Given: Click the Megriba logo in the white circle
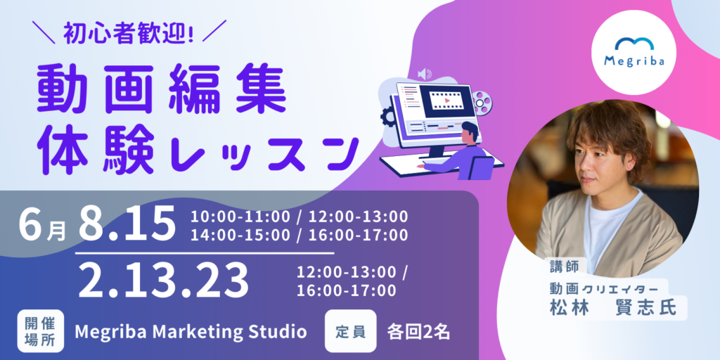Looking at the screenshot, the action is coord(634,52).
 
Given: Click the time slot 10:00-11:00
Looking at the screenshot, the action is coord(240,216).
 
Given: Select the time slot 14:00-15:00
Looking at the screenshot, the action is coord(240,235).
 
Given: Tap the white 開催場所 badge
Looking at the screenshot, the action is coord(40,331).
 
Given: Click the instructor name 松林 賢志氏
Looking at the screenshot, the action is coord(613,307).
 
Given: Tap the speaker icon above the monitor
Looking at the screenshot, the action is coord(424,73).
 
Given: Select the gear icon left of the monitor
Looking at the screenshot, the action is coord(387,117).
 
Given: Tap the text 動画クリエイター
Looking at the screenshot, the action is coord(605,288).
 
